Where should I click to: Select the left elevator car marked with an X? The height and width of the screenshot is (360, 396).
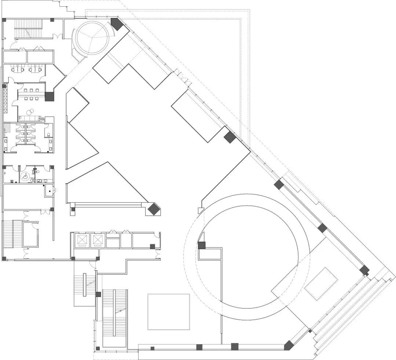tap(81, 240)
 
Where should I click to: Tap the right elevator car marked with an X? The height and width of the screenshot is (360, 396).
tap(98, 240)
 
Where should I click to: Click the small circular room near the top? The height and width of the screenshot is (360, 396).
tap(91, 38)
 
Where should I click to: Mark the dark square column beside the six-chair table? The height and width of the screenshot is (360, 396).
tap(49, 96)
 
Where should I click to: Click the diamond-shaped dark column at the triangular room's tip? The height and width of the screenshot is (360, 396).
tap(154, 209)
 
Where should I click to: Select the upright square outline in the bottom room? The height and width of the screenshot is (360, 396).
tap(169, 311)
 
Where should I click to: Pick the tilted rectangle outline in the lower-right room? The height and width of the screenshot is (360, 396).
tap(321, 284)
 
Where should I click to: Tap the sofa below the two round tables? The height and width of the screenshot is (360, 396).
tap(30, 118)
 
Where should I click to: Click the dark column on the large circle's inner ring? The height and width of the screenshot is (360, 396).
tap(202, 245)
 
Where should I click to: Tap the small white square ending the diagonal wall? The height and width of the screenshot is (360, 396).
tap(200, 211)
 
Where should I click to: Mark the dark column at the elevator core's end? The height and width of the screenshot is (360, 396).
tap(153, 246)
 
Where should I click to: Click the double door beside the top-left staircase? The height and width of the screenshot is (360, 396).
tap(57, 37)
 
